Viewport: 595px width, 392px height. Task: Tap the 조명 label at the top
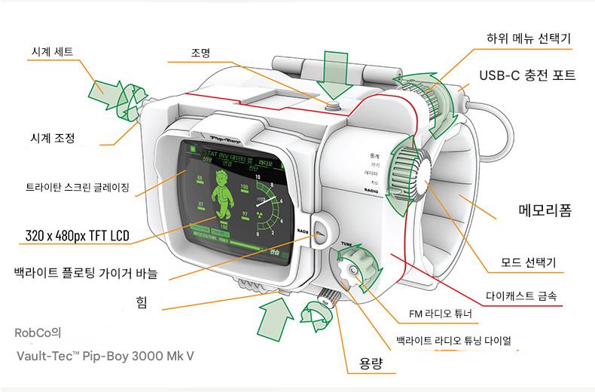point(200,53)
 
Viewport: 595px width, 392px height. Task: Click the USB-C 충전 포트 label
point(528,75)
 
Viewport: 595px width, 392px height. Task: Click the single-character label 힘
point(141,302)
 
